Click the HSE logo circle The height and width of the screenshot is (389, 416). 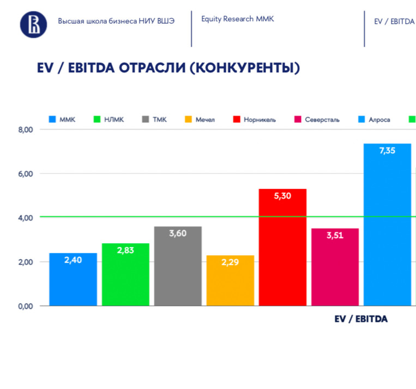click(34, 25)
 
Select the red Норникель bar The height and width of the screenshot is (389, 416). click(282, 247)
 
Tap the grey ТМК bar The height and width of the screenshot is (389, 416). click(178, 266)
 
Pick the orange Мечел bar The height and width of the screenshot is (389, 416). click(230, 280)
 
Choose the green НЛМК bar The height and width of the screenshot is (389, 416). click(125, 274)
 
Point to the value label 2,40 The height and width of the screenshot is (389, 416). click(73, 260)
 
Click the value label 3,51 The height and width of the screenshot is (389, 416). click(335, 236)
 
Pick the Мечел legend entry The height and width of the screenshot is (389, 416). click(200, 120)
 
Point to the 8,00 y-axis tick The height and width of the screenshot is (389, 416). click(26, 129)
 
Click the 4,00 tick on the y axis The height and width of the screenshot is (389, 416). click(26, 218)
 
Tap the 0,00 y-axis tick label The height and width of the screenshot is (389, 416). click(26, 306)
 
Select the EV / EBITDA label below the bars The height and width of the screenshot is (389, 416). click(361, 319)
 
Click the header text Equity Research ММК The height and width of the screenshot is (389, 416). click(237, 19)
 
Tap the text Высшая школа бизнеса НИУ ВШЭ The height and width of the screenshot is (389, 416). click(116, 22)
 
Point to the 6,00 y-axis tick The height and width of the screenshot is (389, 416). click(26, 174)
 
